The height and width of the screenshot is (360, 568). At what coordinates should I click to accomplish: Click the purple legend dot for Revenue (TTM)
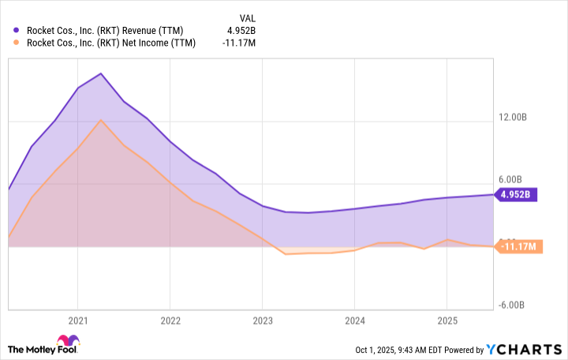pyautogui.click(x=17, y=31)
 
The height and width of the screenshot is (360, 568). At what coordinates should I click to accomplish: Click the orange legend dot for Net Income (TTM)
pyautogui.click(x=17, y=43)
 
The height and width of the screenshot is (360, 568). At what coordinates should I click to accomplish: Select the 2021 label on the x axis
pyautogui.click(x=77, y=321)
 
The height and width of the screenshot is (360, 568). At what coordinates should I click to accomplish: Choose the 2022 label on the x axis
pyautogui.click(x=170, y=321)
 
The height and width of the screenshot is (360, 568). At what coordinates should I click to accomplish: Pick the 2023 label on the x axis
pyautogui.click(x=262, y=321)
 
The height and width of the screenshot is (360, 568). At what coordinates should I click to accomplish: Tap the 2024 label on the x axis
pyautogui.click(x=354, y=321)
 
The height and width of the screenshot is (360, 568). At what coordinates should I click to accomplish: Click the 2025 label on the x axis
pyautogui.click(x=447, y=321)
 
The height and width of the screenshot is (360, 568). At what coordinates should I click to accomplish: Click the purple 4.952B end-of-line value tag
pyautogui.click(x=517, y=194)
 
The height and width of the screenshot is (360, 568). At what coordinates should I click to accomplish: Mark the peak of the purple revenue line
pyautogui.click(x=101, y=73)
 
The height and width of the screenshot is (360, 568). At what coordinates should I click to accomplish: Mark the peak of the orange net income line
pyautogui.click(x=101, y=120)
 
